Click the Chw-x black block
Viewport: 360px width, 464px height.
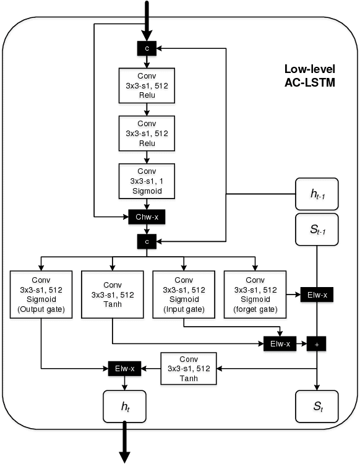[147, 217]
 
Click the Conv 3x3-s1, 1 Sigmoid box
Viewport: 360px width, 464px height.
[147, 181]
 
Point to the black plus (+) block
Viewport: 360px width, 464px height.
[317, 342]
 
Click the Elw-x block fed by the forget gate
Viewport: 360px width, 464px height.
[317, 295]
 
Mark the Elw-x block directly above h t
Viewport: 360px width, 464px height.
[124, 368]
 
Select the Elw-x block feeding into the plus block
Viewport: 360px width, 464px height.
[278, 342]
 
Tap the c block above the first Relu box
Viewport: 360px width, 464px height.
[147, 47]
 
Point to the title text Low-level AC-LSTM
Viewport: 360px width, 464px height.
[309, 75]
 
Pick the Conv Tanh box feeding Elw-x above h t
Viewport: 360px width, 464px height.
[188, 369]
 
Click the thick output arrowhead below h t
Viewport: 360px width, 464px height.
[124, 455]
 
